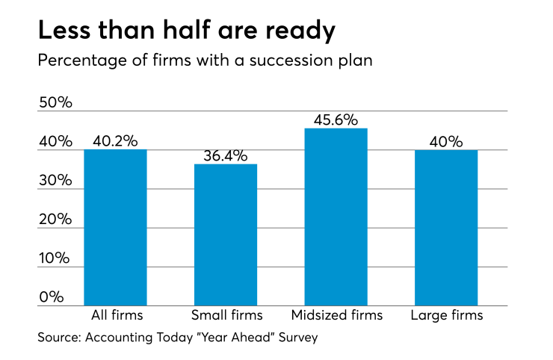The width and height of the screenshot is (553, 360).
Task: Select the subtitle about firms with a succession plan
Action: [205, 60]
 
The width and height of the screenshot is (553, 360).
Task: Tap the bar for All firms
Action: [115, 228]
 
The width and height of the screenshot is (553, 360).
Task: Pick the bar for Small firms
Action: [226, 235]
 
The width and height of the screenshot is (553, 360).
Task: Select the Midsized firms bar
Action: [336, 217]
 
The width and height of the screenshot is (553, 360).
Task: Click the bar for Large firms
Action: [446, 228]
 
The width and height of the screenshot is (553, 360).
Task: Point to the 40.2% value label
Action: [115, 141]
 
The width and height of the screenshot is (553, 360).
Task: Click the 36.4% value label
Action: [226, 156]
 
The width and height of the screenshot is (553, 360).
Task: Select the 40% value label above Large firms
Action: [446, 142]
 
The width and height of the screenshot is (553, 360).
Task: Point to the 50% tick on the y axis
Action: [55, 103]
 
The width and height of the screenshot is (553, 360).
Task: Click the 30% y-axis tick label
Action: [55, 181]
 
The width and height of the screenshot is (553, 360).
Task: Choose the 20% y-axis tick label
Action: [55, 220]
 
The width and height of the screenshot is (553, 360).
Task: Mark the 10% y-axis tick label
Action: [55, 258]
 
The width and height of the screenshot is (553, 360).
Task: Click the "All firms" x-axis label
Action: [115, 315]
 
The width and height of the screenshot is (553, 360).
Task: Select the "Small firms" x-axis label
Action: [226, 315]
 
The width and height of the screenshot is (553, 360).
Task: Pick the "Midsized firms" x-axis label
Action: [336, 315]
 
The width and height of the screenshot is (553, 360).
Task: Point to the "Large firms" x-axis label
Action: [446, 315]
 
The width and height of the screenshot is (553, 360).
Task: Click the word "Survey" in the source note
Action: [297, 338]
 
